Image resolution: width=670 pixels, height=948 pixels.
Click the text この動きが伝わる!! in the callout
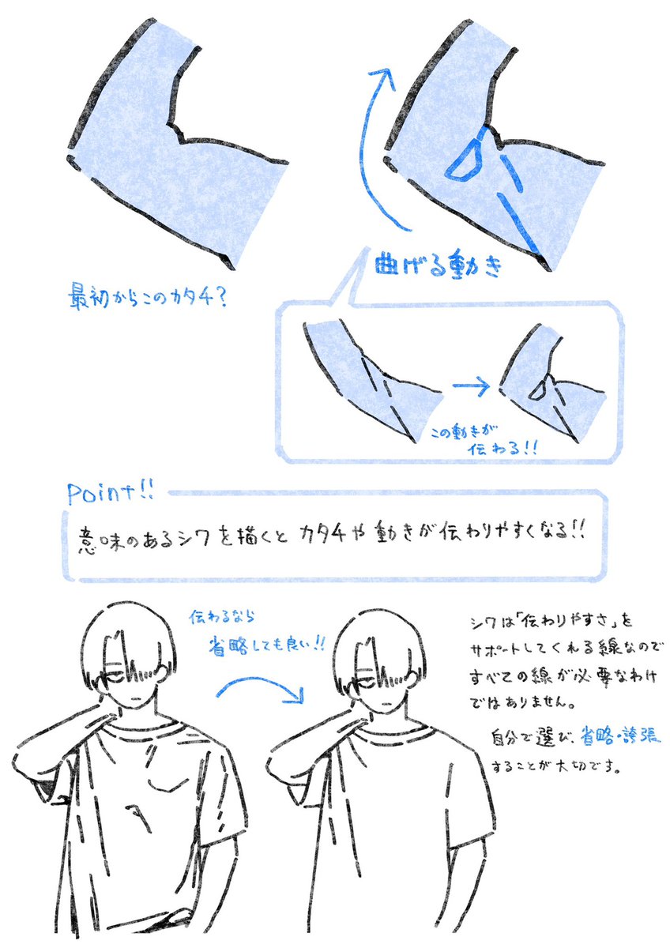click(x=483, y=442)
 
